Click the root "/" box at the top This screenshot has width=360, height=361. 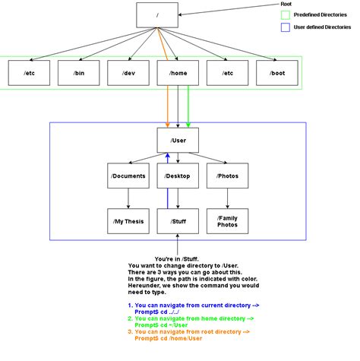point(156,14)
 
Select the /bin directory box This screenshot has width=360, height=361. point(78,73)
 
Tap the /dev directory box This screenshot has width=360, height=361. point(128,73)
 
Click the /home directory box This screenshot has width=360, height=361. point(177,73)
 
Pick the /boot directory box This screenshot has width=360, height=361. point(276,73)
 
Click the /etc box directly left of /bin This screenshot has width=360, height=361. point(29,73)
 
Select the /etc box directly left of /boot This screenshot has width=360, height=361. point(227,73)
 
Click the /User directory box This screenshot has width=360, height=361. point(177,141)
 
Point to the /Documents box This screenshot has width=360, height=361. point(128,177)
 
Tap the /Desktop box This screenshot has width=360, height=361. point(177,177)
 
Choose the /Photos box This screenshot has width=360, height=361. point(227,177)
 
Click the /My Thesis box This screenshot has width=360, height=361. point(128,221)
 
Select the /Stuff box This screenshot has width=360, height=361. point(177,221)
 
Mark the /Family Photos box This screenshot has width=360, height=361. point(227,221)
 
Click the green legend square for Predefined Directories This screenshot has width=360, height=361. point(286,15)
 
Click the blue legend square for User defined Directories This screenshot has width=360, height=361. point(286,29)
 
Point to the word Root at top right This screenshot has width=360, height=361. point(286,4)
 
